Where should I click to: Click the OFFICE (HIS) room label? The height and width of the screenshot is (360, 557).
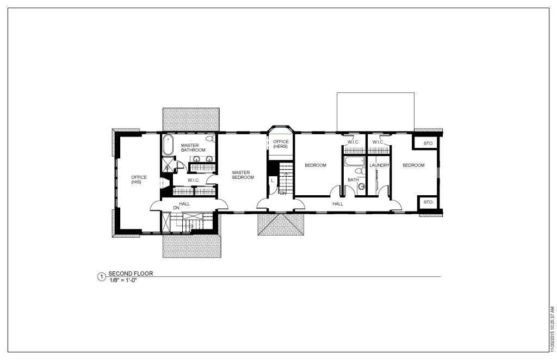[x=139, y=179]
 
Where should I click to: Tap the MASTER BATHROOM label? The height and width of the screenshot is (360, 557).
[x=193, y=148]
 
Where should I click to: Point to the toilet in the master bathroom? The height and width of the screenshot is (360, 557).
[x=211, y=138]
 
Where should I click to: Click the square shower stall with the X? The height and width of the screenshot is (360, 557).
[x=168, y=164]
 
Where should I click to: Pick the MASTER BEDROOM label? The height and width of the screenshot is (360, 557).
[x=243, y=175]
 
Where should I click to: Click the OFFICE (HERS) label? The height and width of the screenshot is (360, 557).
[x=281, y=144]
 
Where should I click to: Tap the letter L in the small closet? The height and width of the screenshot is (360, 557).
[x=273, y=181]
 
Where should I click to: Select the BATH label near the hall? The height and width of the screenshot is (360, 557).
[x=353, y=180]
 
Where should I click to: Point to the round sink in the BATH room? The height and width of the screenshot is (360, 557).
[x=362, y=187]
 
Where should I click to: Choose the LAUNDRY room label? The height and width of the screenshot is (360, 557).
[x=379, y=165]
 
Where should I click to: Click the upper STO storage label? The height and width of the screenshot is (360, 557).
[x=428, y=144]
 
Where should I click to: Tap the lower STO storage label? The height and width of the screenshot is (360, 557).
[x=428, y=202]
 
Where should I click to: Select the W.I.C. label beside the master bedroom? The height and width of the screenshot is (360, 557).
[x=194, y=181]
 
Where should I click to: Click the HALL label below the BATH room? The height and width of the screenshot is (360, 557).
[x=338, y=204]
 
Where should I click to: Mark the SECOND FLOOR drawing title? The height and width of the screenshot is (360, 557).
[x=131, y=274]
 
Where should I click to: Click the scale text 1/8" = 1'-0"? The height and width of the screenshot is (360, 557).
[x=123, y=280]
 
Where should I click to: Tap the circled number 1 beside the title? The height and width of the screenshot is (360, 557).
[x=101, y=277]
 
